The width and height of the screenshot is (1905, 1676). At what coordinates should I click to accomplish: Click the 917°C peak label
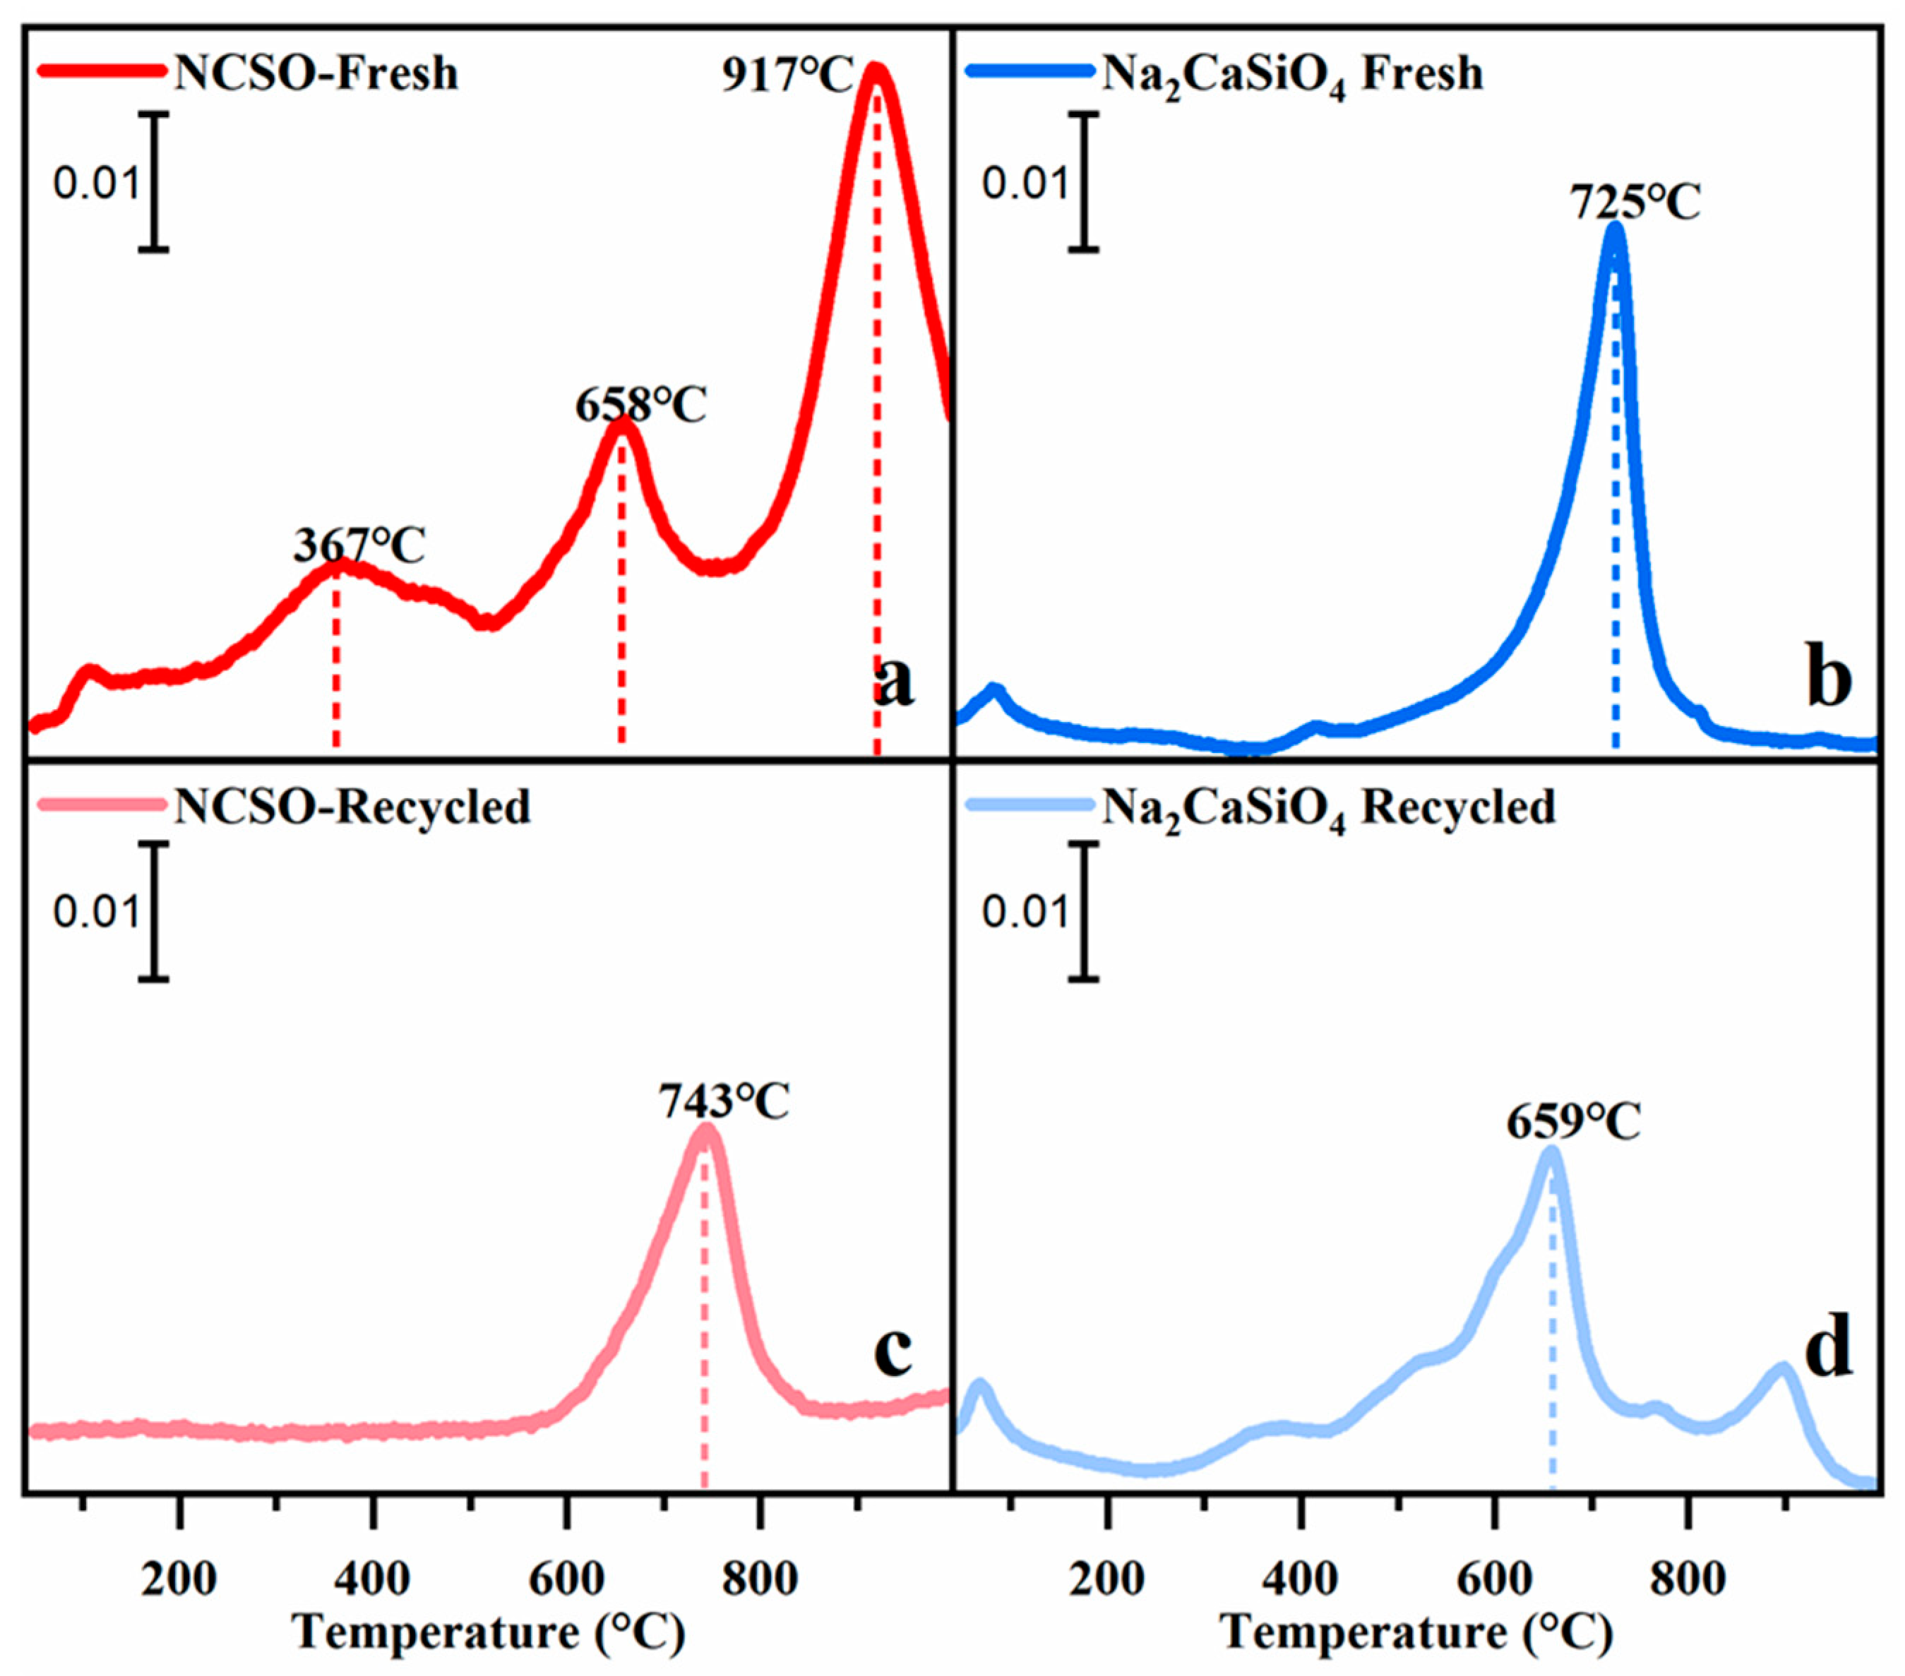pyautogui.click(x=787, y=76)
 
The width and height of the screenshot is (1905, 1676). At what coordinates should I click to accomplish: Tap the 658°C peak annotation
pyautogui.click(x=640, y=406)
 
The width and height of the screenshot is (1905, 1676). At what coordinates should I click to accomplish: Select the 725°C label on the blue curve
pyautogui.click(x=1636, y=202)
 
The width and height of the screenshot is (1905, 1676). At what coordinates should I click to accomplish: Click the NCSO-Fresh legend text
pyautogui.click(x=316, y=73)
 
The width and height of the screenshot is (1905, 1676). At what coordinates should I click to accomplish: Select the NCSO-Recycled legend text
pyautogui.click(x=352, y=807)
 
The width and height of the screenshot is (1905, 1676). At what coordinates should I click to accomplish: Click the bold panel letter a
pyautogui.click(x=895, y=685)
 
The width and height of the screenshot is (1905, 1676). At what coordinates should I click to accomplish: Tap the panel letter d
pyautogui.click(x=1827, y=1350)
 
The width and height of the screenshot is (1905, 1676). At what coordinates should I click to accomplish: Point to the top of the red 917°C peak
pyautogui.click(x=875, y=69)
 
